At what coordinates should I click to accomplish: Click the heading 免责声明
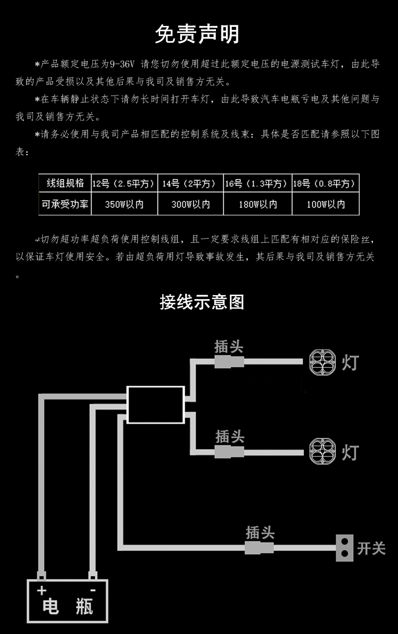pyautogui.click(x=198, y=34)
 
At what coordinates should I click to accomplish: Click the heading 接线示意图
pyautogui.click(x=202, y=302)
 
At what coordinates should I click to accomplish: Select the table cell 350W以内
pyautogui.click(x=124, y=205)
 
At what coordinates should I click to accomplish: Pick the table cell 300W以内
pyautogui.click(x=191, y=205)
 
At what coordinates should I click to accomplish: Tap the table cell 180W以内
pyautogui.click(x=257, y=205)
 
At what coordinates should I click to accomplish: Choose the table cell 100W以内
pyautogui.click(x=325, y=205)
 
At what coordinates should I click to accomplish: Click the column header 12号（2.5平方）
pyautogui.click(x=124, y=184)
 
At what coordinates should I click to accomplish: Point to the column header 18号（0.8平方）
pyautogui.click(x=325, y=184)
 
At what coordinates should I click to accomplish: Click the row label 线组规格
pyautogui.click(x=65, y=183)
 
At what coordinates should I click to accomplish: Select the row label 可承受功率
pyautogui.click(x=65, y=204)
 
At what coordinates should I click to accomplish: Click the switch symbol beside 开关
pyautogui.click(x=344, y=548)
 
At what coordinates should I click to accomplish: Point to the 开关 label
pyautogui.click(x=371, y=548)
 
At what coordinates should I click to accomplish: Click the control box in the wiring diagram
pyautogui.click(x=156, y=404)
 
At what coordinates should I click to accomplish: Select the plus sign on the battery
pyautogui.click(x=41, y=591)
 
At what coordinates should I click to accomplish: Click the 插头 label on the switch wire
pyautogui.click(x=260, y=533)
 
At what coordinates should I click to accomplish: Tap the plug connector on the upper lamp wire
pyautogui.click(x=229, y=361)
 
